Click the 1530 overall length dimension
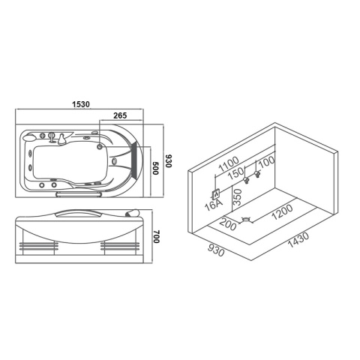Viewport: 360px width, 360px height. point(81,104)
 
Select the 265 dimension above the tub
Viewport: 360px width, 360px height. point(120,115)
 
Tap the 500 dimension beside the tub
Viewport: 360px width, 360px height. point(155,168)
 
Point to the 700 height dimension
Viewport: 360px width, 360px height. point(156,236)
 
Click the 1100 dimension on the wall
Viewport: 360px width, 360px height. point(229,163)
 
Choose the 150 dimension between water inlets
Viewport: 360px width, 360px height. point(235,173)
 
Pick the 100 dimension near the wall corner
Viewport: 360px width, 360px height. point(266,162)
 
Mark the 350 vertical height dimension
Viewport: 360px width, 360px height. point(238,197)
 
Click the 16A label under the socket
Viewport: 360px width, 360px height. point(213,205)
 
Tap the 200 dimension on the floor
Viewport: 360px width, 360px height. point(228,224)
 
